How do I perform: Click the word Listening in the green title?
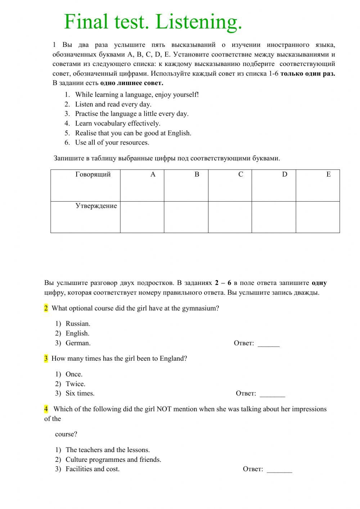tap(199, 22)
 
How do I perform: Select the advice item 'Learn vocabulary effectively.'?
tap(117, 123)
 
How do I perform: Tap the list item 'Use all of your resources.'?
tap(112, 142)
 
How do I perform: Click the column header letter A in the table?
tap(153, 174)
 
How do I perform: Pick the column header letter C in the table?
tap(240, 174)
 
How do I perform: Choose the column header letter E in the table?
tap(328, 174)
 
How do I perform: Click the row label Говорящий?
tap(93, 174)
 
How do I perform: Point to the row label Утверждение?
tap(96, 206)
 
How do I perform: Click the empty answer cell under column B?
tap(186, 217)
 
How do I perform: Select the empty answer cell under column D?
tap(274, 217)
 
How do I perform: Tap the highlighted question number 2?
tap(46, 308)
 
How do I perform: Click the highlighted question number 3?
tap(46, 358)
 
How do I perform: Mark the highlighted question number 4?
tap(46, 409)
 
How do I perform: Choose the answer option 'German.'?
tap(78, 343)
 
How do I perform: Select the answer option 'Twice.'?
tap(75, 384)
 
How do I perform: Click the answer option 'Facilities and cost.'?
tap(92, 469)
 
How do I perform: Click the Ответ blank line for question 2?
tap(269, 344)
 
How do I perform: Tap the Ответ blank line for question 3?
tap(272, 394)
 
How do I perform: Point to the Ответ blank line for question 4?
tap(279, 470)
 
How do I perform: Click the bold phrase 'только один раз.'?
tap(307, 73)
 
